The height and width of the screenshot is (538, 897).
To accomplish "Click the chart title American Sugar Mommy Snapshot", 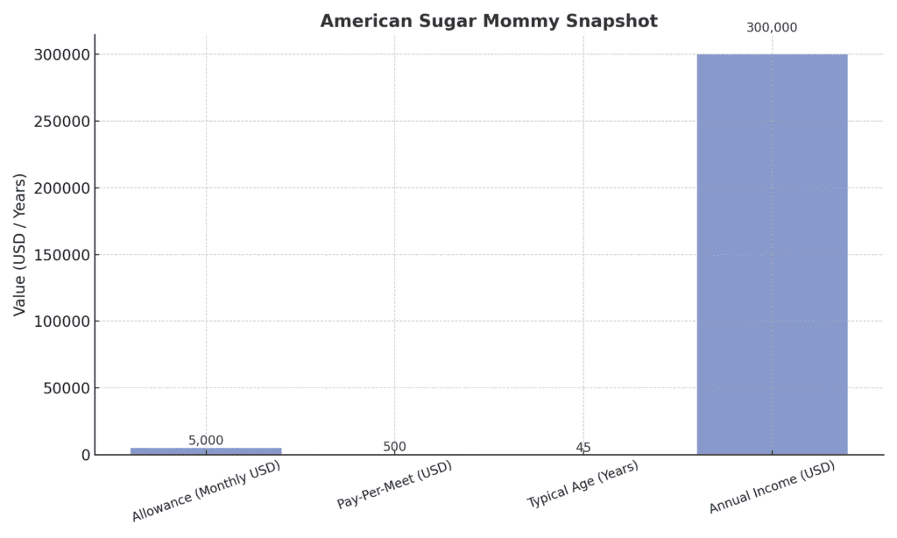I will (488, 21).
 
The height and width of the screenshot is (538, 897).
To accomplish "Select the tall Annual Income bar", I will (772, 254).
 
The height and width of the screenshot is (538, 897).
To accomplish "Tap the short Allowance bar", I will (206, 450).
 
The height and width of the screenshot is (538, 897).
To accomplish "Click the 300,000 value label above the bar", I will (772, 28).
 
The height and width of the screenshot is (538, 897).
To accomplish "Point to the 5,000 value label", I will (206, 441).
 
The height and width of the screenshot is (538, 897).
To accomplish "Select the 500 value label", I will (394, 447).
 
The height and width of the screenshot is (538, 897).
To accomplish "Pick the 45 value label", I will (583, 448).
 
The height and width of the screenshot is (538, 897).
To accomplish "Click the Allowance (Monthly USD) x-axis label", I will (207, 492).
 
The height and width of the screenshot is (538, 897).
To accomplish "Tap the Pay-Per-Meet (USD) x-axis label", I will (395, 485).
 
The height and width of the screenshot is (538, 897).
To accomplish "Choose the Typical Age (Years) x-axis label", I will (583, 485).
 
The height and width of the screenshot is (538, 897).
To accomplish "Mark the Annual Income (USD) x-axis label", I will (773, 488).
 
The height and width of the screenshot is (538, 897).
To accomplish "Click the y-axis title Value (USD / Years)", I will (20, 244).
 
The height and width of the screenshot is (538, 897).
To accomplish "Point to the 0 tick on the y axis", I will (86, 455).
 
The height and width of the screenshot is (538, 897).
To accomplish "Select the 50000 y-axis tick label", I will (67, 388).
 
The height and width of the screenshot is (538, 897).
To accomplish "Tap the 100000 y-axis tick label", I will (63, 322).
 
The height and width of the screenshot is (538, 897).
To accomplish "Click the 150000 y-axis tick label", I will (63, 255).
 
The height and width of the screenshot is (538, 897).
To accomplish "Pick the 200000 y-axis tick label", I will (63, 188).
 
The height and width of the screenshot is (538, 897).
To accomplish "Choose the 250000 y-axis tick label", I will (63, 121).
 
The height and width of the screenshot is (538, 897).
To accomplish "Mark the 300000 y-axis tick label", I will (63, 54).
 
